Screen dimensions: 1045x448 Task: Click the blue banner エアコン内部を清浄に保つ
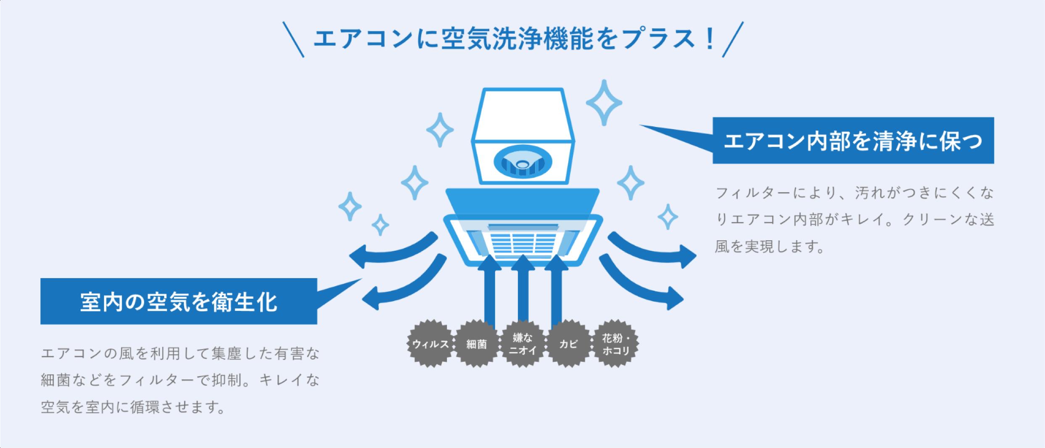pyautogui.click(x=853, y=140)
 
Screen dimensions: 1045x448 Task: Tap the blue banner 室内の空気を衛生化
pyautogui.click(x=179, y=301)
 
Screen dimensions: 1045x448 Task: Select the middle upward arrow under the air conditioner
pyautogui.click(x=522, y=294)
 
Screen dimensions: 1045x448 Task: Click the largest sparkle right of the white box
pyautogui.click(x=604, y=103)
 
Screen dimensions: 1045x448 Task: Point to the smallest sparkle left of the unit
pyautogui.click(x=380, y=225)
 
